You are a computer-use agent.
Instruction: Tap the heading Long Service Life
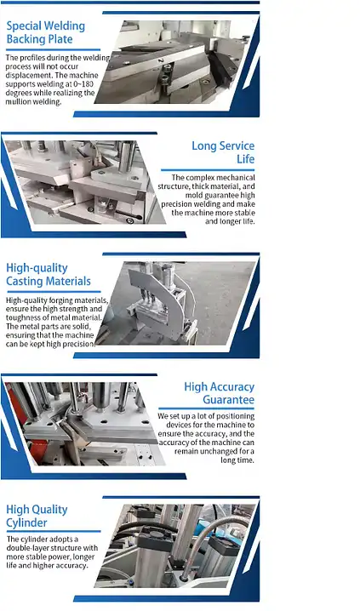222,152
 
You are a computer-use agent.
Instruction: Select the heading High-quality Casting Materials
48,275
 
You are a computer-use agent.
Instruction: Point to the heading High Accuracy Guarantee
218,393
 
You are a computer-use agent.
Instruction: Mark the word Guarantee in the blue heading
228,400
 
